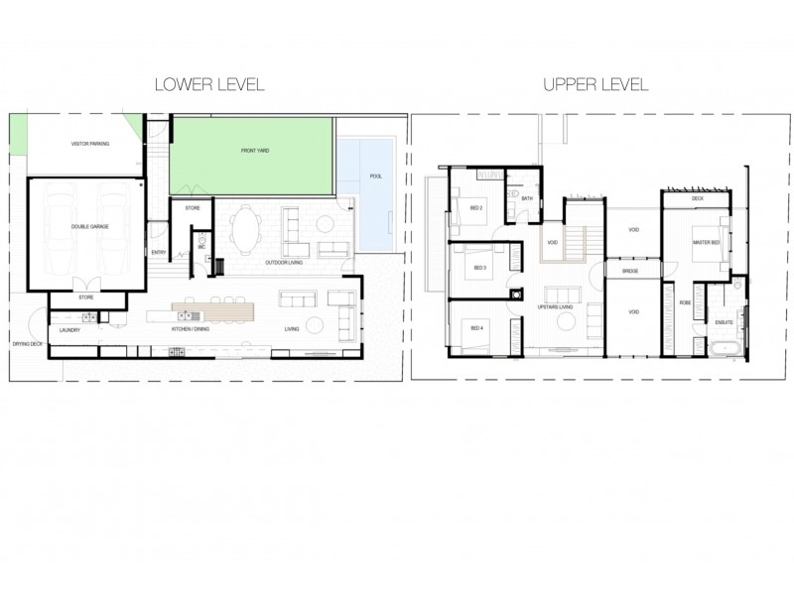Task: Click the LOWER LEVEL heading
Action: click(208, 84)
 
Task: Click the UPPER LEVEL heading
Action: click(595, 84)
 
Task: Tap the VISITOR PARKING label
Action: click(90, 144)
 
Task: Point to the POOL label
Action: click(375, 177)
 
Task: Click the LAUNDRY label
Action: click(69, 329)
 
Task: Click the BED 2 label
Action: click(476, 208)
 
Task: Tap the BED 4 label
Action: click(477, 328)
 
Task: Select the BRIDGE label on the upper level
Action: click(629, 270)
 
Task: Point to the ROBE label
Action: click(685, 301)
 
